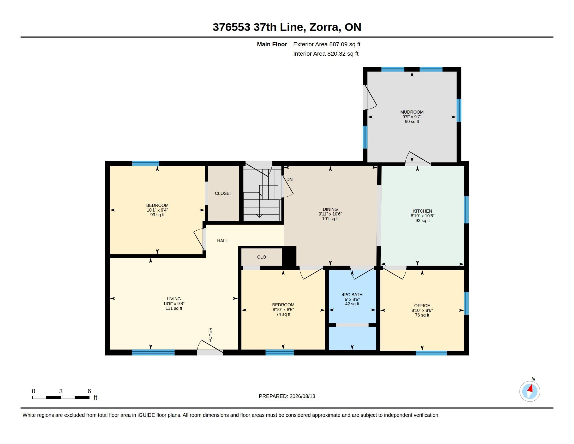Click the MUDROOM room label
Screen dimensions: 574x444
(x=412, y=112)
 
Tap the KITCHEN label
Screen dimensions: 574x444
(x=422, y=211)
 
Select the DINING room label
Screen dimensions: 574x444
(x=330, y=209)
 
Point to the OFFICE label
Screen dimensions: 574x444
(x=422, y=306)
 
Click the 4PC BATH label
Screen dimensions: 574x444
(x=352, y=295)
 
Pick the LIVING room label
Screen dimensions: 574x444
(x=174, y=299)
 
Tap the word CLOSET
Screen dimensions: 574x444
(x=223, y=193)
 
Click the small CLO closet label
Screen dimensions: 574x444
(x=261, y=257)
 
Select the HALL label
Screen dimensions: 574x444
(x=222, y=241)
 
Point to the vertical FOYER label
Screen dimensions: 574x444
(x=210, y=335)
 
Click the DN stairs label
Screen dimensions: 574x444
(x=289, y=179)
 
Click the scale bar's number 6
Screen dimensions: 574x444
(x=89, y=391)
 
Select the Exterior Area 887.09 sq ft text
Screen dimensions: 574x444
(x=327, y=44)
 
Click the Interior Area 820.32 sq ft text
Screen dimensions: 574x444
(x=326, y=54)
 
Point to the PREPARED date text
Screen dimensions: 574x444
(x=287, y=396)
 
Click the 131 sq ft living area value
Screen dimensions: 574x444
(x=174, y=308)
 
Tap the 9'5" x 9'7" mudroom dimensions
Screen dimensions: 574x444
(x=412, y=117)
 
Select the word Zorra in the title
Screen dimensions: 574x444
(x=324, y=27)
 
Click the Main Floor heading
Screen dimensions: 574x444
(x=272, y=44)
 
